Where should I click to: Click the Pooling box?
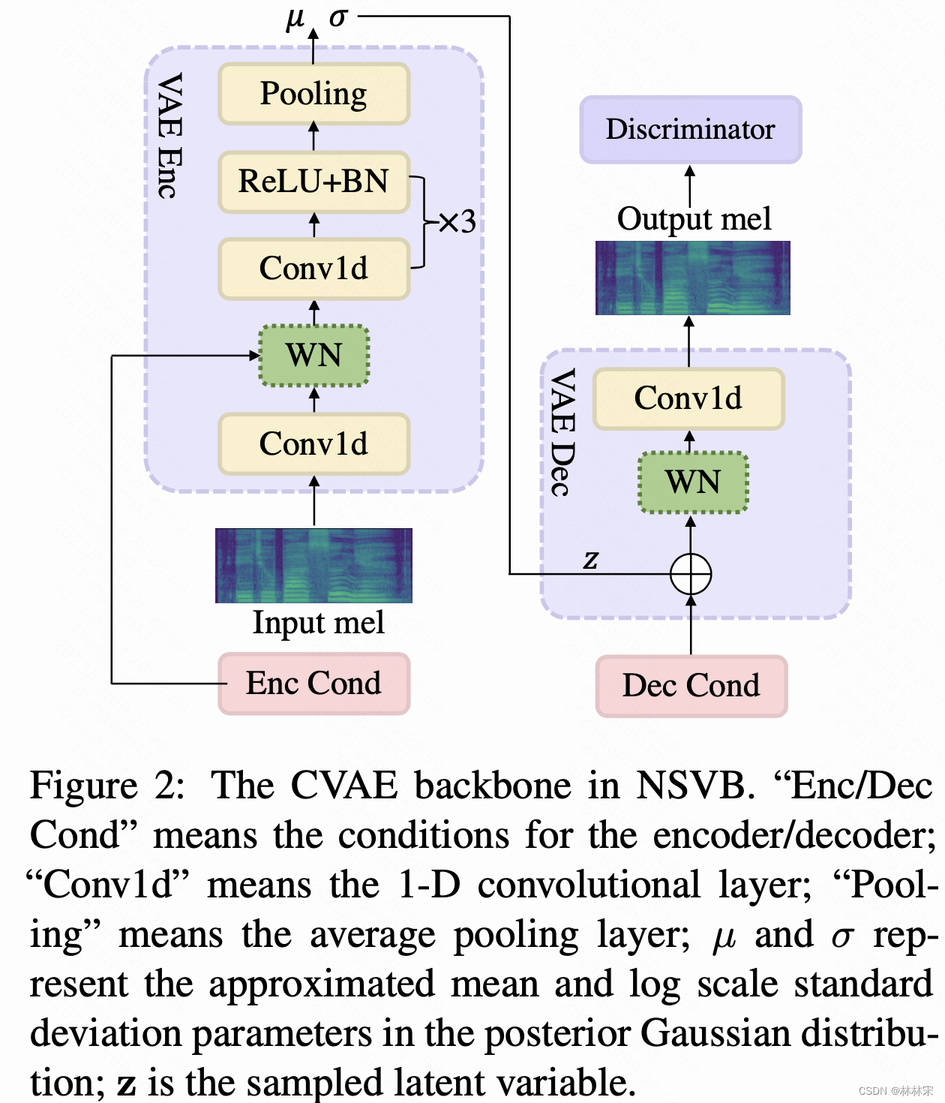313,94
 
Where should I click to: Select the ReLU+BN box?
313,182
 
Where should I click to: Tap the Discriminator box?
690,129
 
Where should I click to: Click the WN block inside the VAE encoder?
313,356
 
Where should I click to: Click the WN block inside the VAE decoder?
692,482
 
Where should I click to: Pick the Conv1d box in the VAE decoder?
688,398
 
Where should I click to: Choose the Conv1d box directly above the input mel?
313,444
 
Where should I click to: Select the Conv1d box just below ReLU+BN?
313,269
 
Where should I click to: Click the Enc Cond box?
313,684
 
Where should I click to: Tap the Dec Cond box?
691,686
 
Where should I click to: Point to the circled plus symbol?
690,574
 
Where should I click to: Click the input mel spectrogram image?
313,565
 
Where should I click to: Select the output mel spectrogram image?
692,278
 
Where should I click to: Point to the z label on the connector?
591,559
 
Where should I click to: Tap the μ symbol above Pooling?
295,17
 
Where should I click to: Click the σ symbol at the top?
337,17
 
